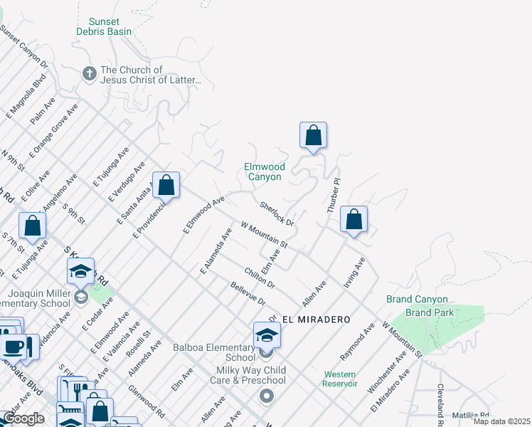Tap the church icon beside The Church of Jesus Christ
point(89,73)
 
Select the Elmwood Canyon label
point(263,172)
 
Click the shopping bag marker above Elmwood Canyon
point(313,135)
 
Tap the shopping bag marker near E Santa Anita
point(166,186)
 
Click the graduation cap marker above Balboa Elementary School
point(267,334)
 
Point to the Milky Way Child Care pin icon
point(267,395)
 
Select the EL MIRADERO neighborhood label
point(309,320)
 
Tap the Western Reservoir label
point(340,379)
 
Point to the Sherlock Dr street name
point(277,213)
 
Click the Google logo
point(23,418)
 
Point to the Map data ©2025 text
point(501,421)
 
